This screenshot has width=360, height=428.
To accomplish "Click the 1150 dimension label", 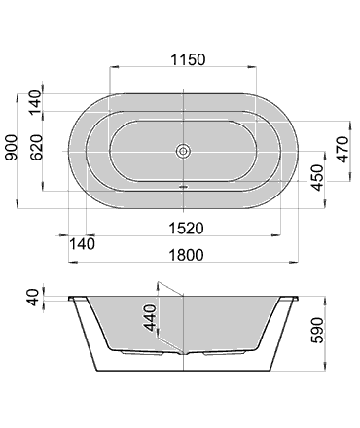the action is pos(188,59).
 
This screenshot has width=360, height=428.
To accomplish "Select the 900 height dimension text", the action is pos(12,147).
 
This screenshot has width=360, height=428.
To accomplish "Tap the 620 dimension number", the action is pos(36,147).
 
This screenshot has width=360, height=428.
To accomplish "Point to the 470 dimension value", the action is pos(342,150).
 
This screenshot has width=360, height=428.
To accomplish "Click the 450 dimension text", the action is pos(317,178).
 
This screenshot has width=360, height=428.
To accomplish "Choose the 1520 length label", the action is pos(186,229).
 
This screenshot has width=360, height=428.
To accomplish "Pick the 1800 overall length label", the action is pos(186,255).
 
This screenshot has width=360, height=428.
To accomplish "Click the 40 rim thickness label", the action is pos(33,298).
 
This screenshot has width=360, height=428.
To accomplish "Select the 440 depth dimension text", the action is pos(150,317).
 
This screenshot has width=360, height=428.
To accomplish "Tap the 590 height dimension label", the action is pos(317,331).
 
